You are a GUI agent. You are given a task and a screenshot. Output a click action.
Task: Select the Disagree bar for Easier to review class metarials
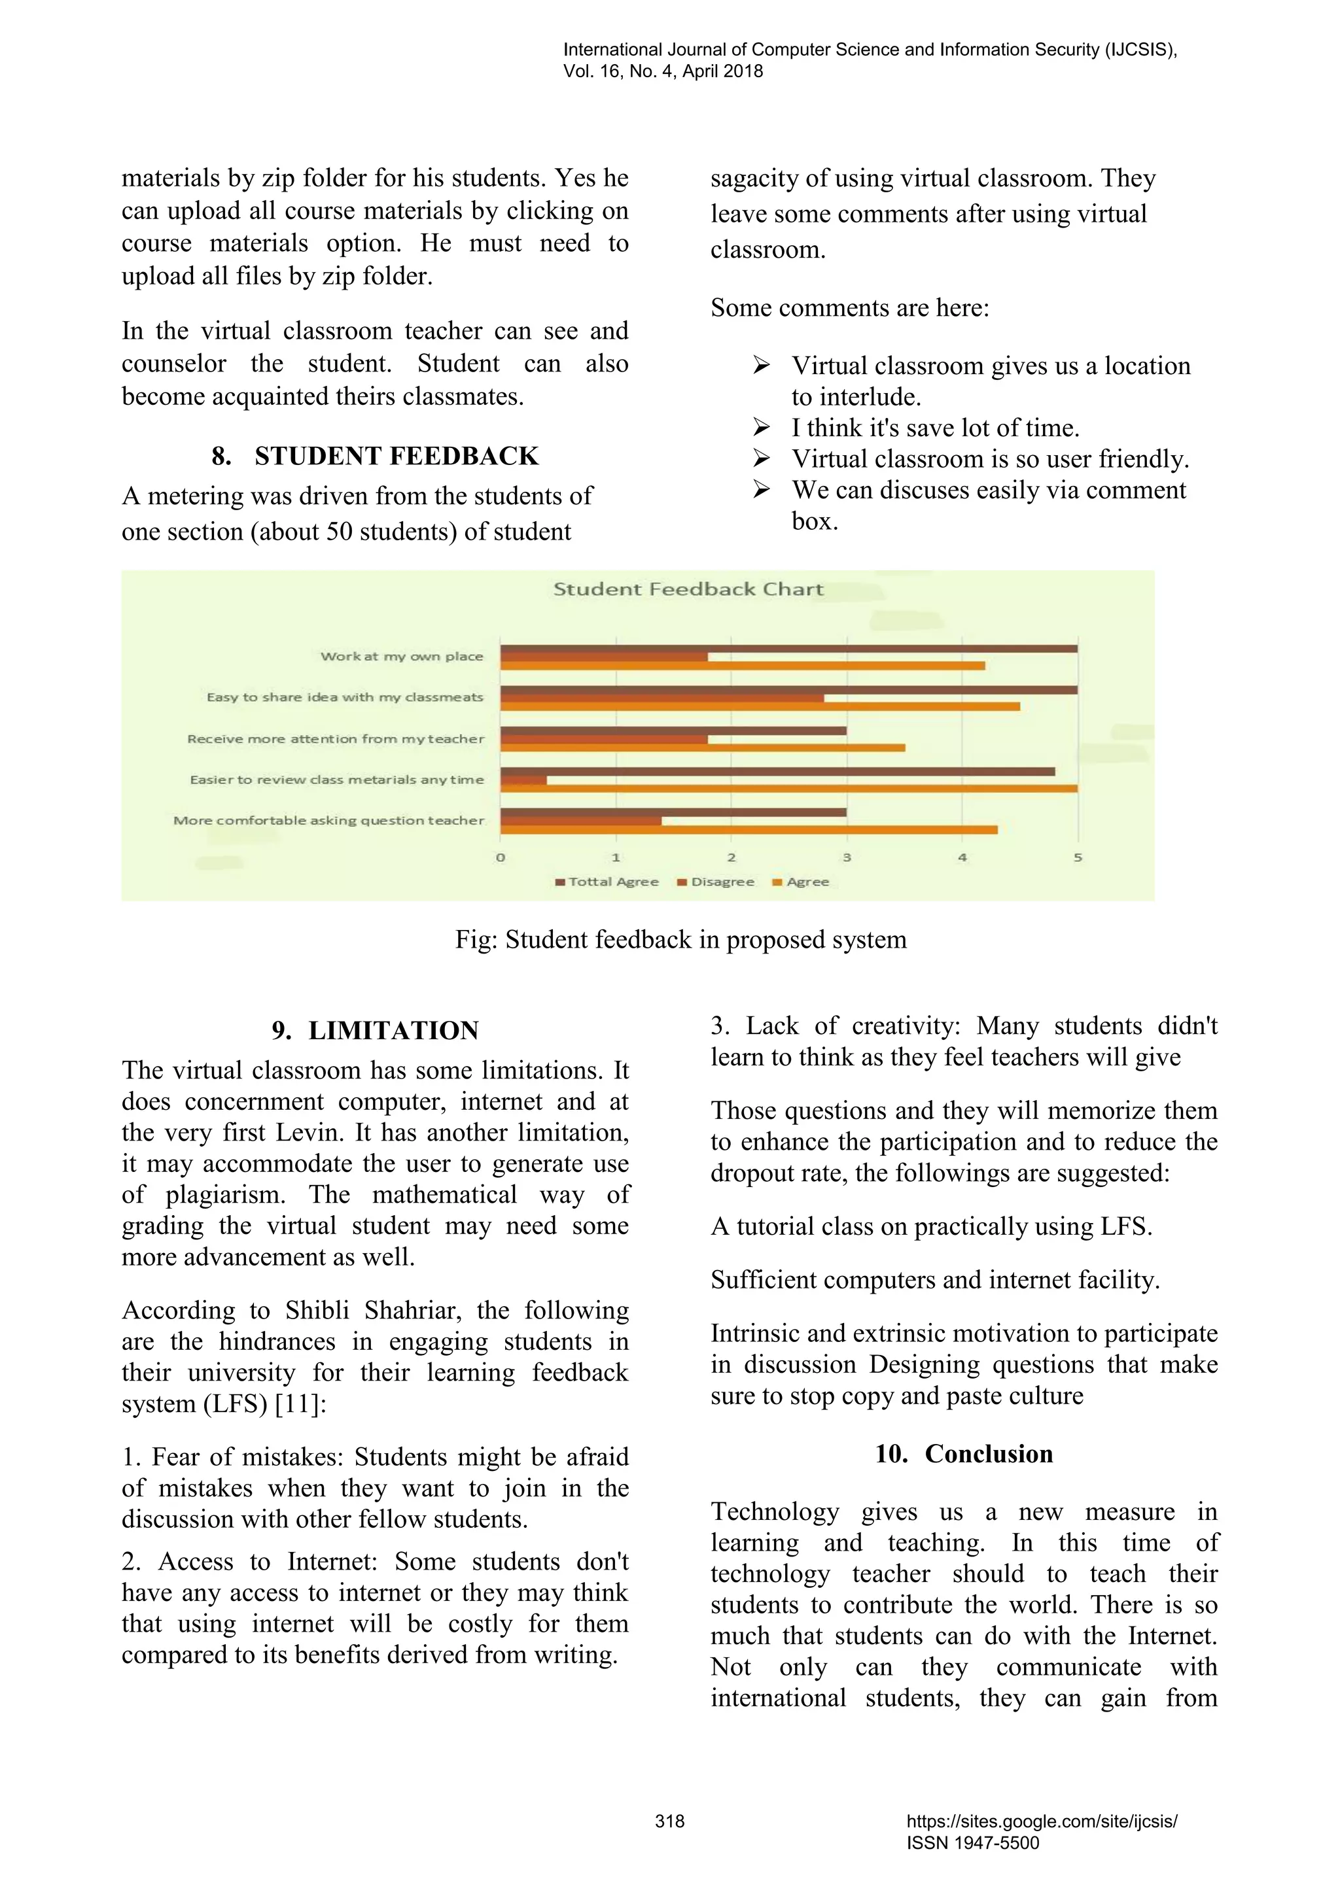523,780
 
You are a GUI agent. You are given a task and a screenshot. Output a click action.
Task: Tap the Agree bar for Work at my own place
743,666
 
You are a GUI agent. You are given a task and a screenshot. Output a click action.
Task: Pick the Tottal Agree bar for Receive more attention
673,730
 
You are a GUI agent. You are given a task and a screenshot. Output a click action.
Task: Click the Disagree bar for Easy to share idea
661,698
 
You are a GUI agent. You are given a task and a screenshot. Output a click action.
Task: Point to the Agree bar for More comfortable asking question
749,829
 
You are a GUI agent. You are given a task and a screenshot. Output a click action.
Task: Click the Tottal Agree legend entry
607,882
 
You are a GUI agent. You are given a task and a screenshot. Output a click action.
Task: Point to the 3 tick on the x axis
847,858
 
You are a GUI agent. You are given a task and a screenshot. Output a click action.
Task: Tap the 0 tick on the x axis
500,858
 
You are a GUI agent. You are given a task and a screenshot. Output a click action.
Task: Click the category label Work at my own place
402,657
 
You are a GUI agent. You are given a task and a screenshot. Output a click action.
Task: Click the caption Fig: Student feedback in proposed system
680,940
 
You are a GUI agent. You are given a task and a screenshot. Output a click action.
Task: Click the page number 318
669,1821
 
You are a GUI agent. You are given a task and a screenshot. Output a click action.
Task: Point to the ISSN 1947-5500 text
973,1843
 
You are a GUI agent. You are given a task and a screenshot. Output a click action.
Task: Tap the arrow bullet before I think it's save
761,427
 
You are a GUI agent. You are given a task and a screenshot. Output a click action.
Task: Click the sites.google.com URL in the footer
1041,1821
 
